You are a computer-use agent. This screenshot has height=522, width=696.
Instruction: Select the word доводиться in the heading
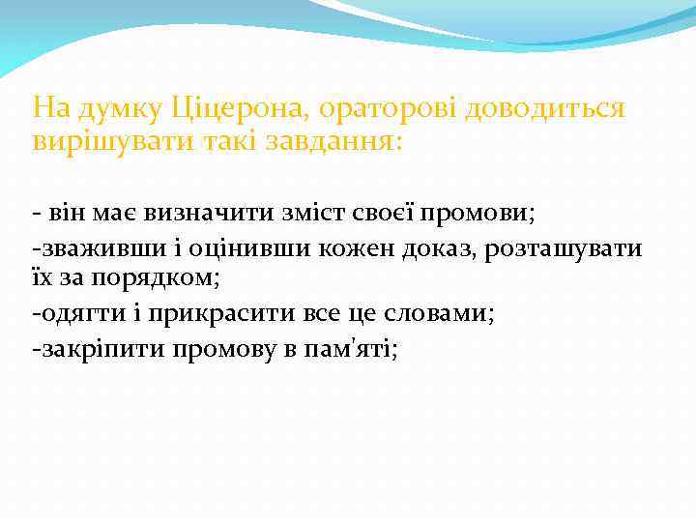coord(545,108)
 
